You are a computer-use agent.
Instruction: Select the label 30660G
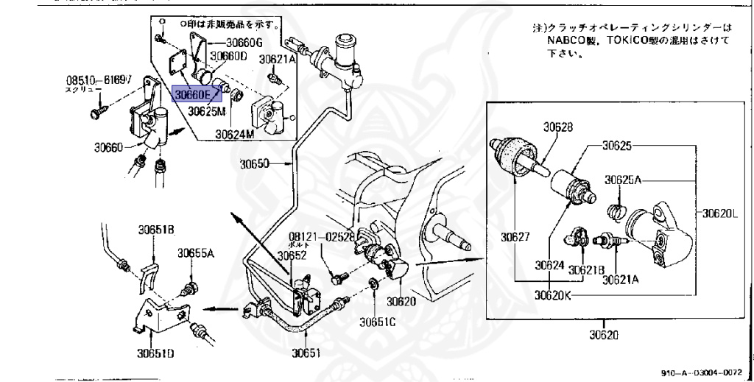click(x=248, y=42)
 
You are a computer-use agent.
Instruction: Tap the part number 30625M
click(x=207, y=112)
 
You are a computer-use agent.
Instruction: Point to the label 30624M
click(x=234, y=134)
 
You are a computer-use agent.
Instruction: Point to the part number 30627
click(x=515, y=237)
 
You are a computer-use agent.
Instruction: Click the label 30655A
click(x=195, y=253)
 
